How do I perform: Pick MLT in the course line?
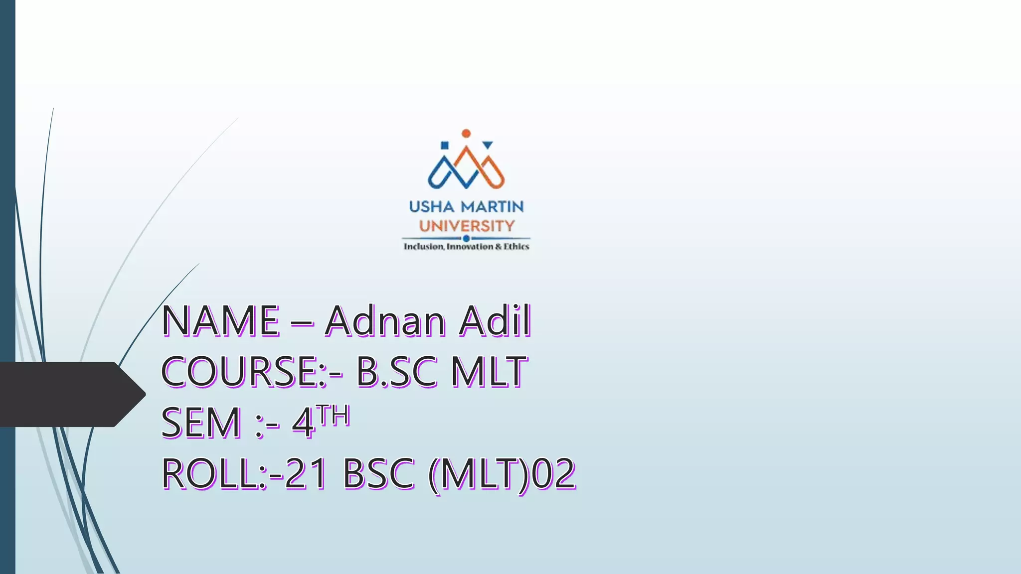click(489, 372)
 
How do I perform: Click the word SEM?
click(200, 423)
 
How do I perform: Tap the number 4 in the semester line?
click(303, 423)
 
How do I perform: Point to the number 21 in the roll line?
click(306, 474)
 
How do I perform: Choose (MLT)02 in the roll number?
click(502, 474)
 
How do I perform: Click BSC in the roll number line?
click(378, 474)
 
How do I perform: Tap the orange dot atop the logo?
click(466, 134)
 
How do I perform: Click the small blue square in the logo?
click(445, 145)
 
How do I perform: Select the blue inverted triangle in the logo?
click(488, 145)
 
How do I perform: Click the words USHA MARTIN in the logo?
click(466, 206)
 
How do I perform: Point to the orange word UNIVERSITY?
click(466, 226)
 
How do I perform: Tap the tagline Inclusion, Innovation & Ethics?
click(466, 247)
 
